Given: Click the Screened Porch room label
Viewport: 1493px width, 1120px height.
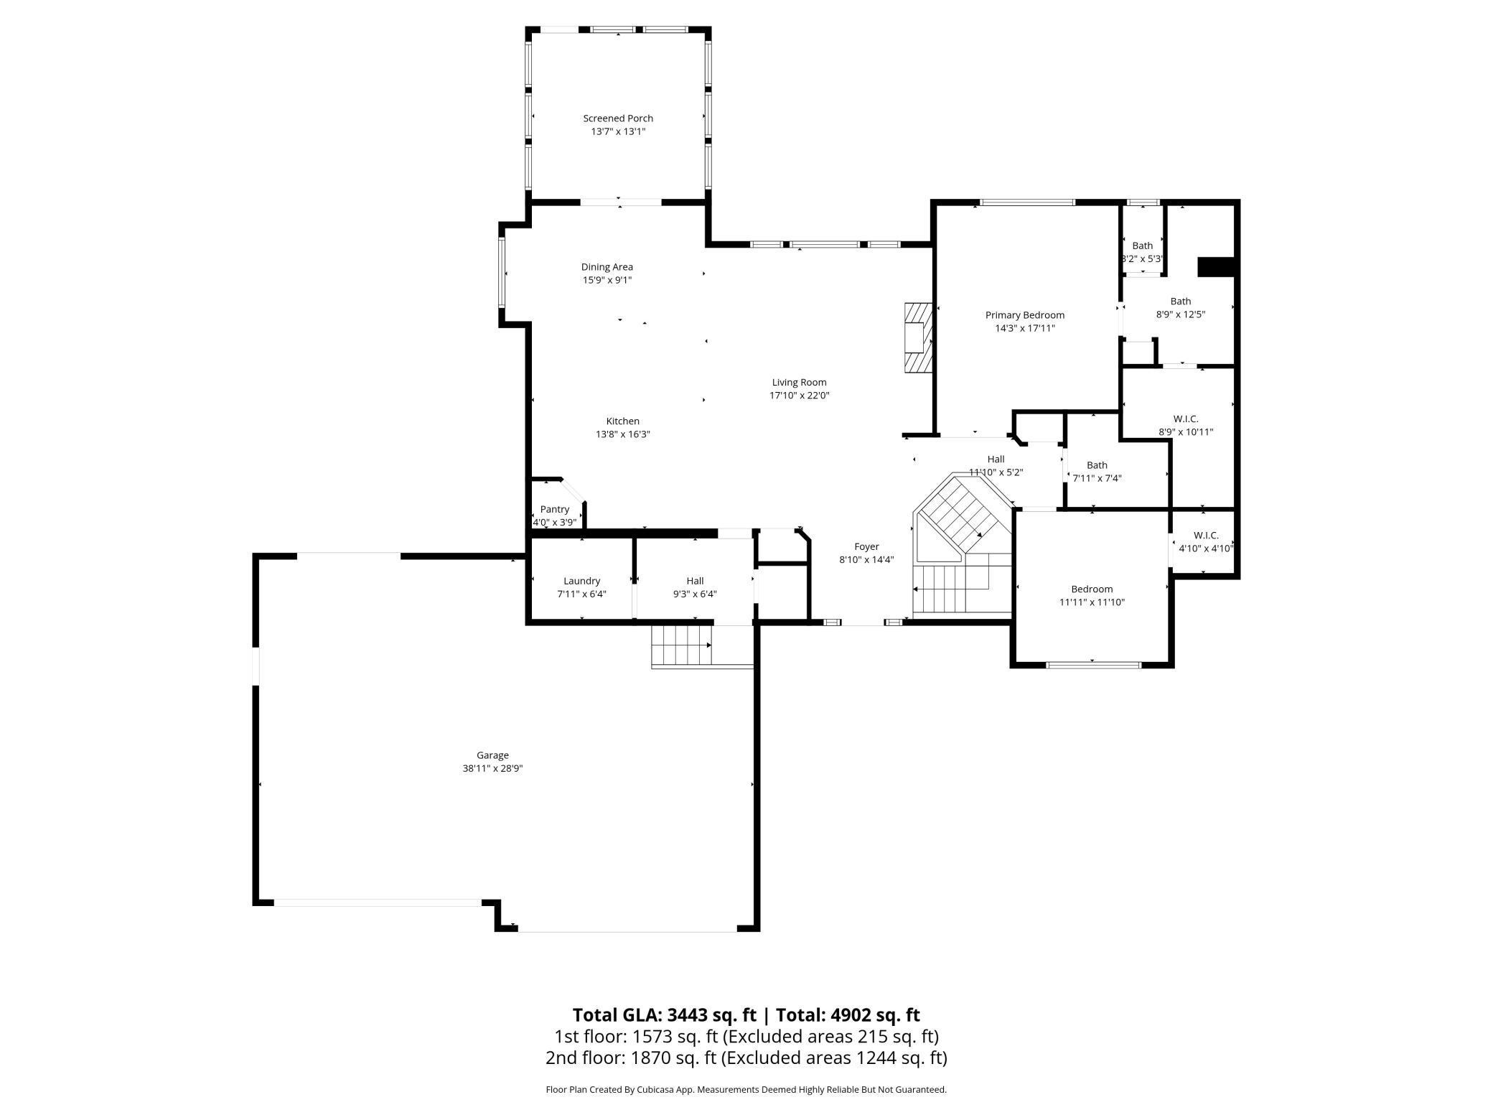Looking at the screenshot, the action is pos(618,118).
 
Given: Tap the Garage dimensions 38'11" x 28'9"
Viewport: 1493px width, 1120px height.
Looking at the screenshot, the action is pos(492,768).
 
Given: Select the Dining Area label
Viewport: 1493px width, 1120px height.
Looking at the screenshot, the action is pos(607,267).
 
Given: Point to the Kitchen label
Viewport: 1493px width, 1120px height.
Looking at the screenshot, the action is pos(622,421).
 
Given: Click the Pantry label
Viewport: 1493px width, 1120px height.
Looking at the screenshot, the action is pos(555,510).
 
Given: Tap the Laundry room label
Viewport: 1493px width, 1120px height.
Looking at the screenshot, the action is pos(581,581).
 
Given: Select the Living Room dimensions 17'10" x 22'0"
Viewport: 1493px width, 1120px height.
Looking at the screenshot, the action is pos(800,396).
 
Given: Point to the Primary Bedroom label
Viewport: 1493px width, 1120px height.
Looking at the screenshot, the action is pos(1025,315).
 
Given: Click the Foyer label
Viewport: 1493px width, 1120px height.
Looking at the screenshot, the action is pos(866,547).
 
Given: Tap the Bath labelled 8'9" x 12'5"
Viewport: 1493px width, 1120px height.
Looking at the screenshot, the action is pos(1181,308).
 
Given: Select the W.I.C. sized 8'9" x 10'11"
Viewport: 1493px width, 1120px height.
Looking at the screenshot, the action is pos(1186,426).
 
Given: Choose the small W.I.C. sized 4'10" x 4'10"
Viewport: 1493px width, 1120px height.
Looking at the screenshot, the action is pos(1206,542).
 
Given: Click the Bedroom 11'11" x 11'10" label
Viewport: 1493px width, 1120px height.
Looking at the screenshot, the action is pos(1092,596).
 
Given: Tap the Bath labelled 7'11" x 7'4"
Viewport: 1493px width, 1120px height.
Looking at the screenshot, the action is pos(1097,472).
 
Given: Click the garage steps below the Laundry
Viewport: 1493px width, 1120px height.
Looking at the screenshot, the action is pos(681,645).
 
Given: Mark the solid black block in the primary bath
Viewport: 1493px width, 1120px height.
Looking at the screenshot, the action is pos(1216,266).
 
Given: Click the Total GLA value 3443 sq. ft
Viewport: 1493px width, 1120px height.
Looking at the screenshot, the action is pos(711,1014).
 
